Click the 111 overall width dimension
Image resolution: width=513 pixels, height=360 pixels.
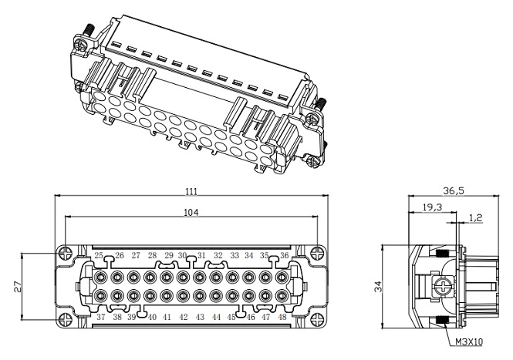click(x=191, y=191)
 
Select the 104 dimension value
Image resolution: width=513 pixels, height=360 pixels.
click(x=191, y=212)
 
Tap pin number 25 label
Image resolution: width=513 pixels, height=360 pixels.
click(x=99, y=255)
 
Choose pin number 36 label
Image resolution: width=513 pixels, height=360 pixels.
click(x=285, y=255)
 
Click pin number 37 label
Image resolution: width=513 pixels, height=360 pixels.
click(x=100, y=317)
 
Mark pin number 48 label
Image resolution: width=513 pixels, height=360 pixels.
click(x=284, y=317)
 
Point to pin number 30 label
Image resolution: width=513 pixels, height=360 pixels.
click(x=183, y=255)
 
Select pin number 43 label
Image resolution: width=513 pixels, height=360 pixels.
click(x=200, y=317)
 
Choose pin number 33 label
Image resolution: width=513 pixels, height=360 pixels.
click(x=234, y=255)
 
